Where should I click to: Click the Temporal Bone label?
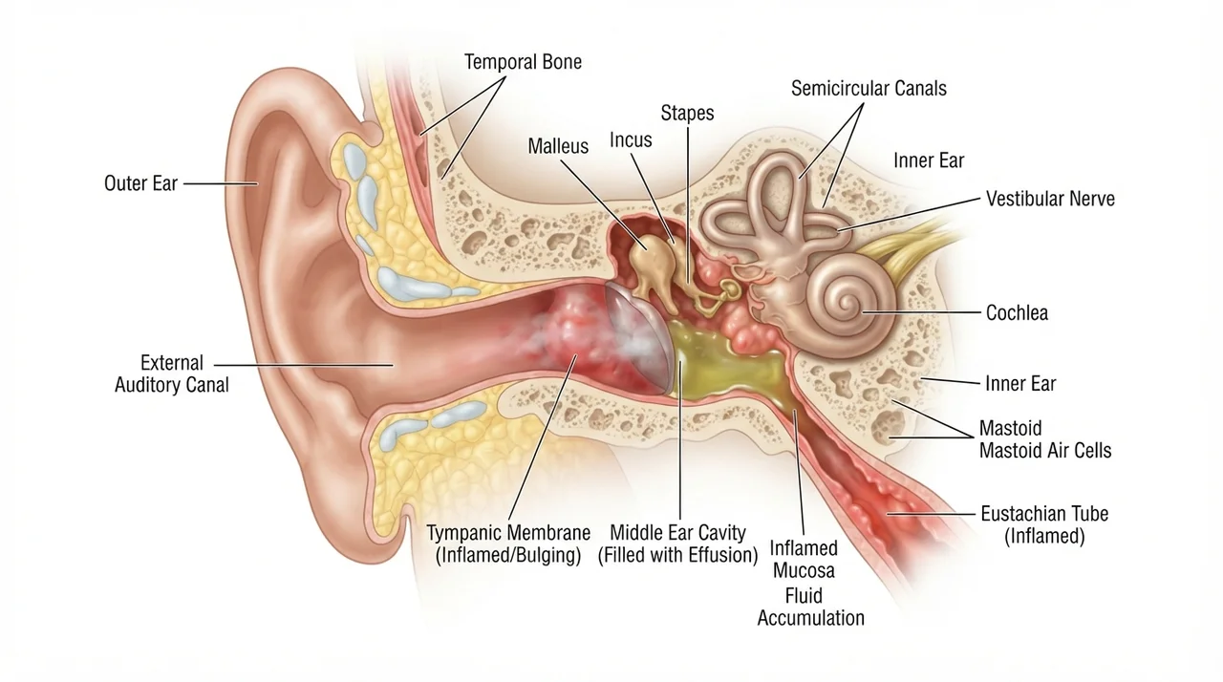(523, 62)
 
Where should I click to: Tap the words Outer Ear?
(140, 183)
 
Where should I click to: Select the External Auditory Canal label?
(171, 373)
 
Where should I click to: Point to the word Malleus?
(558, 146)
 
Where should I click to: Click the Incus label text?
(631, 140)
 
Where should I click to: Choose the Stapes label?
(687, 113)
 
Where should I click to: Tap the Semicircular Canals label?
(869, 89)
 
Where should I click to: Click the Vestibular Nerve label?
(1050, 199)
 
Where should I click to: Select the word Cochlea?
(1017, 312)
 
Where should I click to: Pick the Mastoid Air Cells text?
(1045, 451)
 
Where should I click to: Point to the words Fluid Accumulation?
(810, 607)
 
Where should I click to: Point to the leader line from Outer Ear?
(220, 183)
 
